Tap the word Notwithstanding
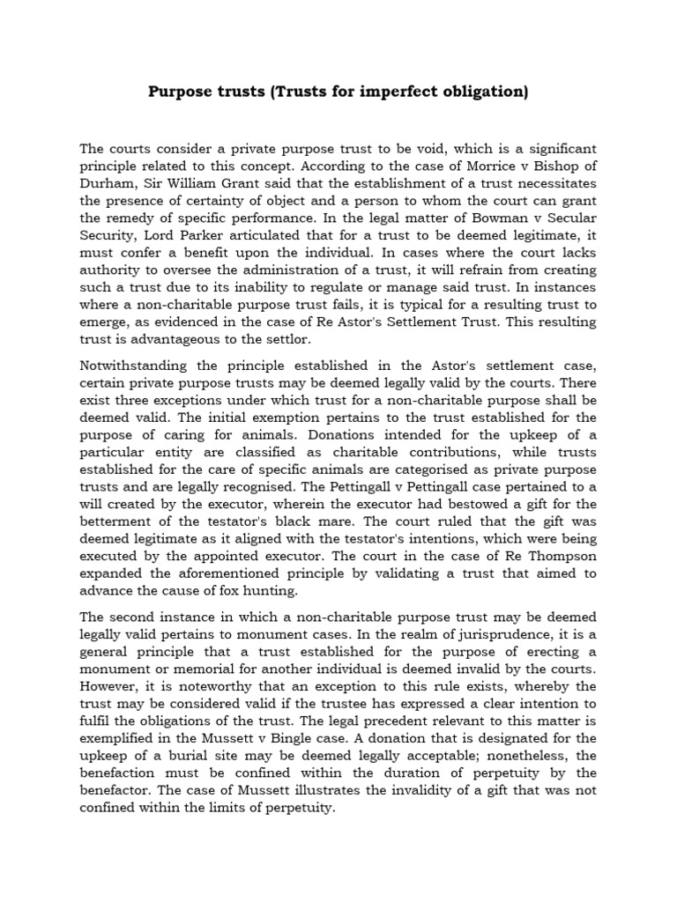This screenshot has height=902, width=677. point(135,366)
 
